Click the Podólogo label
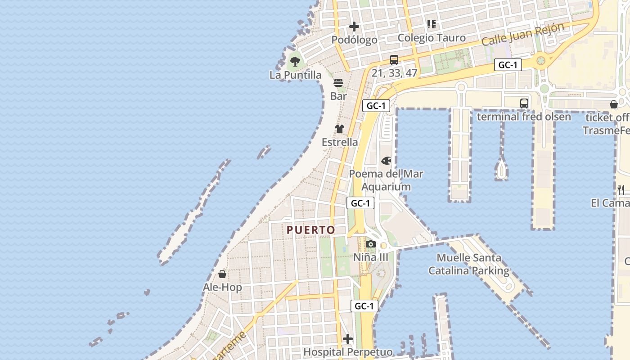tap(354, 40)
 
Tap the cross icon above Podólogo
tap(354, 27)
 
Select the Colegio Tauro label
tap(432, 37)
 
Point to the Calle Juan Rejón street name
tap(522, 34)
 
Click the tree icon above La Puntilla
tap(295, 62)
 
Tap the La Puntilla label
tap(295, 75)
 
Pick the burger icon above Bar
tap(338, 83)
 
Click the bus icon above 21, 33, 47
tap(394, 59)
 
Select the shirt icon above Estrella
tap(340, 129)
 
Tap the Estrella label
tap(340, 142)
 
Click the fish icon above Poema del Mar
tap(386, 160)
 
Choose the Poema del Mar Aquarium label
tap(386, 180)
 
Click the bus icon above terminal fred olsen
tap(524, 103)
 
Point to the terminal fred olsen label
tap(524, 117)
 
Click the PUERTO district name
tap(311, 230)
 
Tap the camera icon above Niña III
tap(371, 244)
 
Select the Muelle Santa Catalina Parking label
tap(469, 264)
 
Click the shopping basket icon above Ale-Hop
tap(222, 274)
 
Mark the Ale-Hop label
tap(222, 287)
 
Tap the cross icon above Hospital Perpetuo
tap(348, 338)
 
